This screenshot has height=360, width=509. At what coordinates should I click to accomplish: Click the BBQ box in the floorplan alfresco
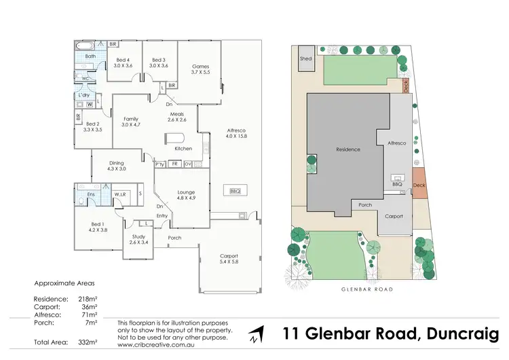235,191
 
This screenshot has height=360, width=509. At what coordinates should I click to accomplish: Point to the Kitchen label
183,148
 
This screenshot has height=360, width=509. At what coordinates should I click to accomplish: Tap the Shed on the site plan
305,58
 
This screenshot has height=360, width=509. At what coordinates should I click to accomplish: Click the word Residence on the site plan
348,149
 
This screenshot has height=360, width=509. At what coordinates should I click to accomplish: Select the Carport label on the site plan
394,217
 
